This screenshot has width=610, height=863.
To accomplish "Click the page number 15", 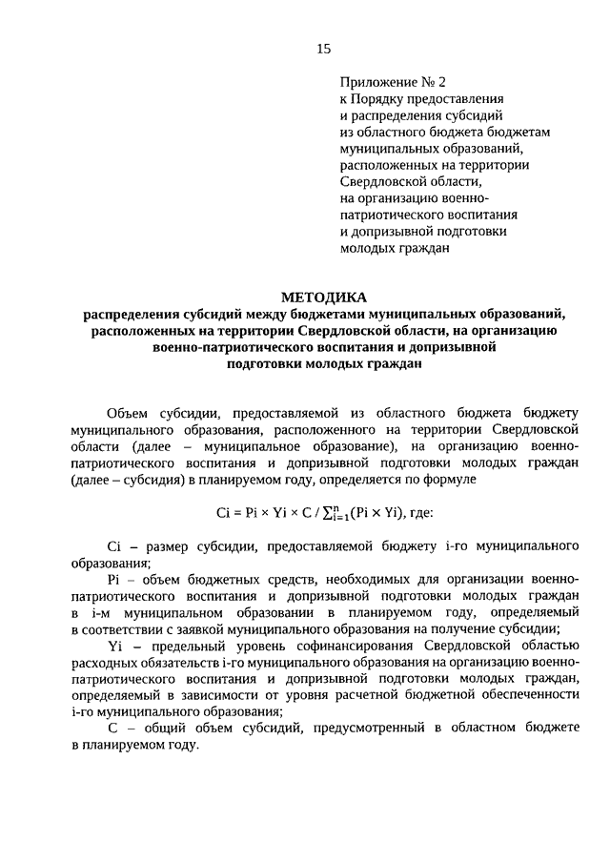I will [x=323, y=49].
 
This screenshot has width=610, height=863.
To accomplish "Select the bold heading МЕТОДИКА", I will [x=323, y=297].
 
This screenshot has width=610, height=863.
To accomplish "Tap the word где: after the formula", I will [x=417, y=512].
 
